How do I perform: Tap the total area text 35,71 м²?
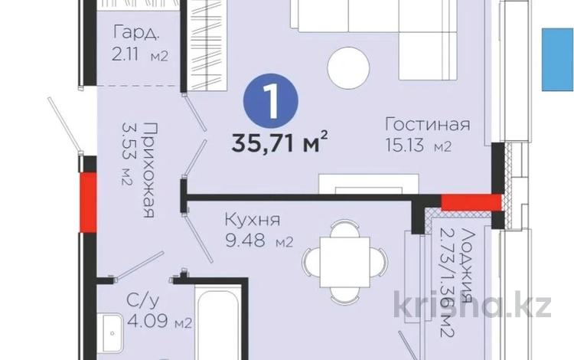[282, 142]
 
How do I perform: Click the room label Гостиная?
[426, 125]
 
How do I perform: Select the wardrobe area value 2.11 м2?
[139, 54]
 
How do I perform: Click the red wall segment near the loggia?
[471, 202]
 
